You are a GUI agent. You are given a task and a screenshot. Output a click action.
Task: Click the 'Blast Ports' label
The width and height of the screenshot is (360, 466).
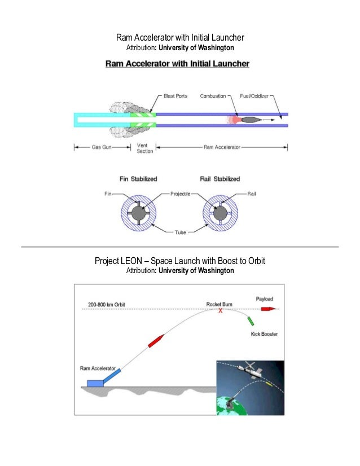click(x=175, y=96)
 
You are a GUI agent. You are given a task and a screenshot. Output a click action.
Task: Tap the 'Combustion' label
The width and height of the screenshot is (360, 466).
click(x=213, y=96)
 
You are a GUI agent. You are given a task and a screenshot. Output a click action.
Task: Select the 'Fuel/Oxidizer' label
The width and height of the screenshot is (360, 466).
click(x=254, y=96)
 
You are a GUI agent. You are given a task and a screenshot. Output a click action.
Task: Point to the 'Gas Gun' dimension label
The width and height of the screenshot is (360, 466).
click(x=94, y=148)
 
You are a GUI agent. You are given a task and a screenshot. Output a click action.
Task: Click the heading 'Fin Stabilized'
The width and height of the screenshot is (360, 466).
click(x=138, y=179)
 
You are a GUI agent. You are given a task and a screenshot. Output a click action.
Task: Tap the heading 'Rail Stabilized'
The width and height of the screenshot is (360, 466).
click(x=220, y=179)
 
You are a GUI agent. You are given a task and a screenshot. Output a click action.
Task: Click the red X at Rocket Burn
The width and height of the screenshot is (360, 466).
click(x=221, y=311)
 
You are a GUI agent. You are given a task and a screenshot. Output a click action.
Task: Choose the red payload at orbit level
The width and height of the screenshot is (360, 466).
click(x=267, y=309)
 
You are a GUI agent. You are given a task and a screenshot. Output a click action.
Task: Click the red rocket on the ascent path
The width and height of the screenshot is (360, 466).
click(x=156, y=341)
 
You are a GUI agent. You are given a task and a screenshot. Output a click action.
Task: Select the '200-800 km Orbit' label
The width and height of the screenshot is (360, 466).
click(x=106, y=305)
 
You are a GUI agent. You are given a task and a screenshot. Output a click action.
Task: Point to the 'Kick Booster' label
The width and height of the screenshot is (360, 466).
click(x=264, y=334)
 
